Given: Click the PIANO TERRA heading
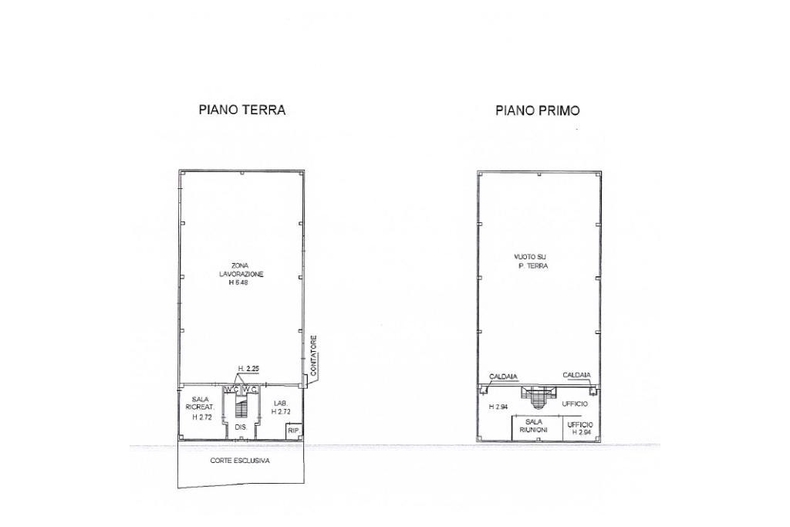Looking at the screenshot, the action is pyautogui.click(x=241, y=110).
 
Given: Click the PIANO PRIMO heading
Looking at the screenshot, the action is pyautogui.click(x=538, y=110).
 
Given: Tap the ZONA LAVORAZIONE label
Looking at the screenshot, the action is pyautogui.click(x=241, y=269).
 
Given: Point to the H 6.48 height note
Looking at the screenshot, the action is pyautogui.click(x=238, y=282).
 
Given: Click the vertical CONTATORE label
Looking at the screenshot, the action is pyautogui.click(x=313, y=356).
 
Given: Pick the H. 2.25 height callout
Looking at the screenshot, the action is pyautogui.click(x=248, y=369).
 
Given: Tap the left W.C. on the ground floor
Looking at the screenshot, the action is pyautogui.click(x=232, y=390).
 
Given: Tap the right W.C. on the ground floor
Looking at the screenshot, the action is pyautogui.click(x=251, y=390).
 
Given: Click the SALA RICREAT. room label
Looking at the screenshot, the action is pyautogui.click(x=200, y=403).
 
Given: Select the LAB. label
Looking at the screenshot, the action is pyautogui.click(x=281, y=403).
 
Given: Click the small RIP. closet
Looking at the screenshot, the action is pyautogui.click(x=294, y=431).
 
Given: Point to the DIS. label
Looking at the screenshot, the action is pyautogui.click(x=241, y=427).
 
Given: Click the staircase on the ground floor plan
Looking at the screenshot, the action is pyautogui.click(x=241, y=407).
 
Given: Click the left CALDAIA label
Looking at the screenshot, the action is pyautogui.click(x=503, y=377).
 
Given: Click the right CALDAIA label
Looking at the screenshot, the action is pyautogui.click(x=576, y=375).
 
